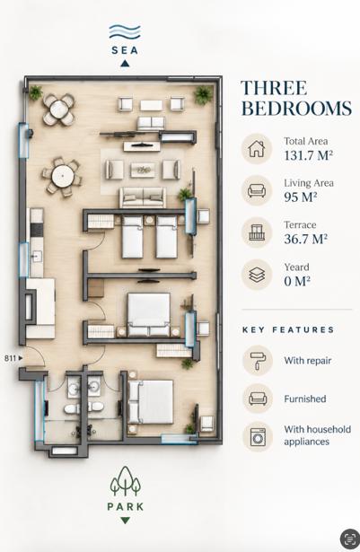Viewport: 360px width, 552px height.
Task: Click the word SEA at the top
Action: point(125,50)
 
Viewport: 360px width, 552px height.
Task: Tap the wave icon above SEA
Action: point(125,32)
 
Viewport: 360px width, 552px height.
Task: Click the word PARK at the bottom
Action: point(126,506)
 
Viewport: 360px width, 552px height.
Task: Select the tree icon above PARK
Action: point(126,481)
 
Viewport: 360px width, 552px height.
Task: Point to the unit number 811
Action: point(10,358)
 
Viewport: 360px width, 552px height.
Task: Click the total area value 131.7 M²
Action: point(309,155)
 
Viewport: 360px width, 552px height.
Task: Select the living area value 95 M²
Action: point(301,197)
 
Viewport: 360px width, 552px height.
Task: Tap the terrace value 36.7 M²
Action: point(306,239)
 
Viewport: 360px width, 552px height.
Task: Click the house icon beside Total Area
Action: point(257,149)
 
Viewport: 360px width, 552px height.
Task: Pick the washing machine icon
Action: point(259,437)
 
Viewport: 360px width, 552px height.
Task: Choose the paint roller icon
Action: point(259,361)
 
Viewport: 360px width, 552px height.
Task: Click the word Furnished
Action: point(305,399)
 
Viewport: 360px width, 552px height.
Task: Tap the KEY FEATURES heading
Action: point(288,330)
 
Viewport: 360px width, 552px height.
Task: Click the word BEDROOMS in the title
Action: point(296,108)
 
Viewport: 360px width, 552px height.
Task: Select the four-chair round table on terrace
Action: point(59,110)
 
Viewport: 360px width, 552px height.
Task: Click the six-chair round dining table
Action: point(62,177)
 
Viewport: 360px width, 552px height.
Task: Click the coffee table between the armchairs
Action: point(143,170)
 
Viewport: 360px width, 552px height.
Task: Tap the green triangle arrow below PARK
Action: point(125,521)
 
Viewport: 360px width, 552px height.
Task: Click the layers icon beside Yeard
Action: point(257,275)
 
